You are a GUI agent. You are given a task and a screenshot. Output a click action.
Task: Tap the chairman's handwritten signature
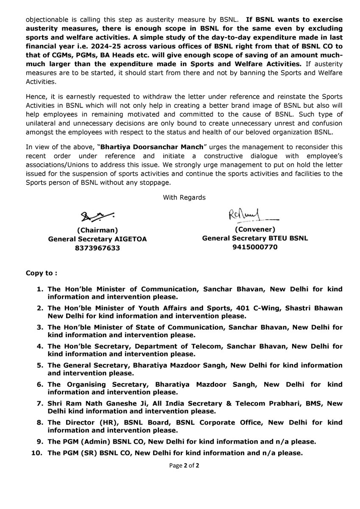tap(98, 217)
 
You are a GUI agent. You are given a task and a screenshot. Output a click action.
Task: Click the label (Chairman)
tap(97, 230)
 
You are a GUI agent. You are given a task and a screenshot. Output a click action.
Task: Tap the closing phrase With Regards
tap(184, 197)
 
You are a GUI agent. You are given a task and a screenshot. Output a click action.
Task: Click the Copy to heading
tap(42, 271)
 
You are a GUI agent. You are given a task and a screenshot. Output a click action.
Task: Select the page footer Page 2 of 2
tap(184, 465)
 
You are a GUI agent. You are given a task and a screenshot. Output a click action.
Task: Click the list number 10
tap(37, 453)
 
